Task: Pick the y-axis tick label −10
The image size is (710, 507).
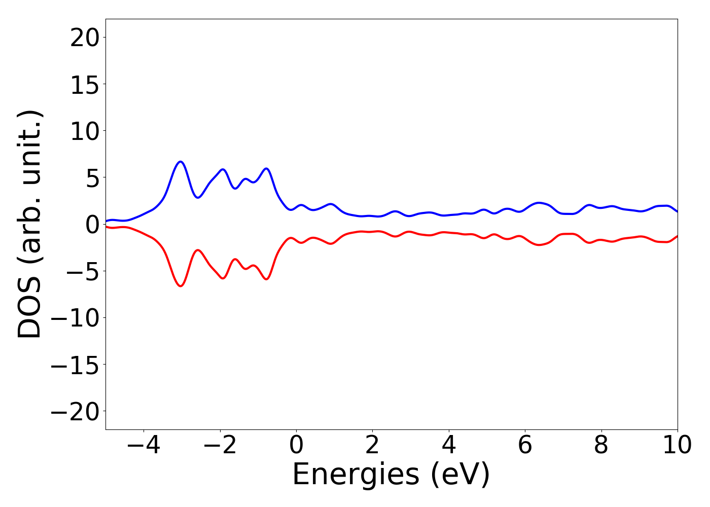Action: click(x=77, y=318)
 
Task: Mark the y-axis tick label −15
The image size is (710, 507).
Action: click(x=77, y=365)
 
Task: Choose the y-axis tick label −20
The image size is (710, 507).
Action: click(x=77, y=411)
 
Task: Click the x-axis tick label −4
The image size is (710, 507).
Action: click(x=144, y=446)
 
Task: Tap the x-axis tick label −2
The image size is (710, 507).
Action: click(x=220, y=446)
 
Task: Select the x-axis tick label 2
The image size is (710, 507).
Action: click(x=373, y=446)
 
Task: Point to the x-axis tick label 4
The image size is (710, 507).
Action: click(x=449, y=446)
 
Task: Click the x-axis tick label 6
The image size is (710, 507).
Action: click(x=525, y=446)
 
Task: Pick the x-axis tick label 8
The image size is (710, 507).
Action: click(x=601, y=446)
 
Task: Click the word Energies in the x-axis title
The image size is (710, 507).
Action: click(x=356, y=475)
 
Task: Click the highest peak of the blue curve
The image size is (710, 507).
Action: click(x=180, y=161)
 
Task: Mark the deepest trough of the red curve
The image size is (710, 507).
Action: click(x=180, y=286)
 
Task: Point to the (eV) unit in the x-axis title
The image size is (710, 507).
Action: click(x=461, y=475)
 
